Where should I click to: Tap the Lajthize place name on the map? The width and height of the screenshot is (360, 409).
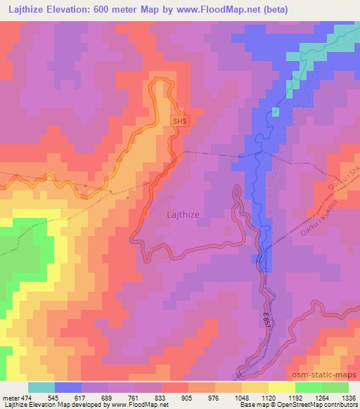pos(187,217)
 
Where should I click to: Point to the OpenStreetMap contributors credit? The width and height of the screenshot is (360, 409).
pos(316,405)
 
